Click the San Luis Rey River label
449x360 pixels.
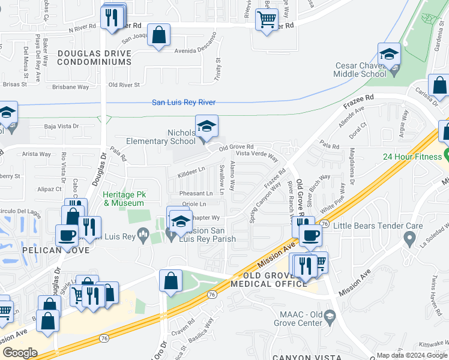[183, 103]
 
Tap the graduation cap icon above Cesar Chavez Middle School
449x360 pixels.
[389, 55]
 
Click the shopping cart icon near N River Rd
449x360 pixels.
[267, 19]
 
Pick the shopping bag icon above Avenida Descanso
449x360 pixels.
[159, 35]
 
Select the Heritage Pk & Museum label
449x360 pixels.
[124, 199]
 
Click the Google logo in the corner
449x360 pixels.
[20, 352]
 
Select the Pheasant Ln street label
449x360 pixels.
[196, 194]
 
